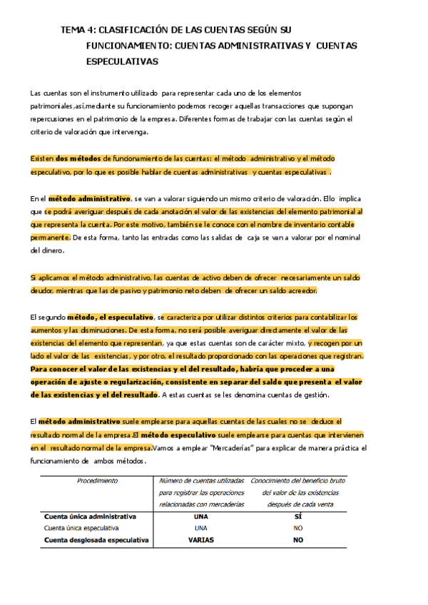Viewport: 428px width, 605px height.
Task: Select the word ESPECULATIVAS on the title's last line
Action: click(x=121, y=62)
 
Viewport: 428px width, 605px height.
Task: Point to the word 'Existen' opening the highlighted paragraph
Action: click(x=42, y=158)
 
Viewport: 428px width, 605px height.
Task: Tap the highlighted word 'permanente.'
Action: click(x=50, y=237)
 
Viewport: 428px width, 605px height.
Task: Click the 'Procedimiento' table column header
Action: click(x=97, y=481)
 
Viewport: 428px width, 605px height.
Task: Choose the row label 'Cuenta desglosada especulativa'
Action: click(x=96, y=540)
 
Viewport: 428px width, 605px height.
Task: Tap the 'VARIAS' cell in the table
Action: click(x=201, y=540)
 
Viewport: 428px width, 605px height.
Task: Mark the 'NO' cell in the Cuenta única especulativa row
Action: click(x=298, y=528)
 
